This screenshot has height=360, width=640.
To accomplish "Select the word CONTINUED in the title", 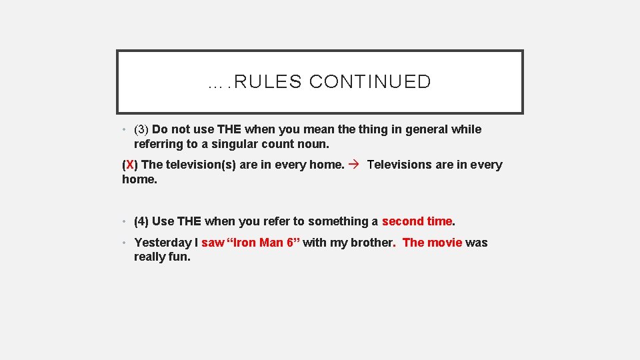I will (370, 82).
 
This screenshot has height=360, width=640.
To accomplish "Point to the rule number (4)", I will (141, 221).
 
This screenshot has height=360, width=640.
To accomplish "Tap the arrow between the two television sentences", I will (355, 165).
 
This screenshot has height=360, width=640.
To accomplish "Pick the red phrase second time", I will (417, 221).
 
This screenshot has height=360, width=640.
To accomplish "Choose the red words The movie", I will (432, 243).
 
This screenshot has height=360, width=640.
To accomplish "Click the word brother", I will (375, 243).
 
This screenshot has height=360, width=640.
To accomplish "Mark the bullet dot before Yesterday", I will (125, 243).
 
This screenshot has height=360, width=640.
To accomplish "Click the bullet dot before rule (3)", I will (125, 130).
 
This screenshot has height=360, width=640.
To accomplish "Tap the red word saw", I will (213, 243).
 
